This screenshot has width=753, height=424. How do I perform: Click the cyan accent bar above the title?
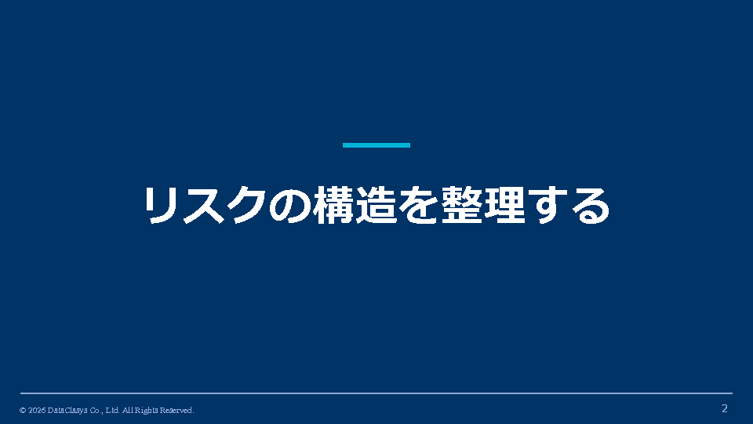click(376, 145)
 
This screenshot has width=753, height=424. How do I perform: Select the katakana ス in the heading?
click(204, 206)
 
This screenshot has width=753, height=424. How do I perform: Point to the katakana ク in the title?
click(246, 205)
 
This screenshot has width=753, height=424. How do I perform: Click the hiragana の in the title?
click(289, 206)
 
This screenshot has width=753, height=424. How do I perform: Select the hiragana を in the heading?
click(419, 205)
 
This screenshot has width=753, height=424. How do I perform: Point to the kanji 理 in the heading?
click(504, 205)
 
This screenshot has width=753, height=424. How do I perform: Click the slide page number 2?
click(725, 408)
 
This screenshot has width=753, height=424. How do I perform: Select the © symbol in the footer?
click(23, 411)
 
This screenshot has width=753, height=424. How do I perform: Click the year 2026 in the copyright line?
click(37, 410)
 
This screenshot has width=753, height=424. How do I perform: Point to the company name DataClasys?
click(67, 411)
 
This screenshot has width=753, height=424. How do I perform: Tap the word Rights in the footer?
click(146, 411)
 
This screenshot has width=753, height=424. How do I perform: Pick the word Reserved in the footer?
click(176, 411)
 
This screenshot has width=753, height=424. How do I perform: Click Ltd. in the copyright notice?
click(112, 410)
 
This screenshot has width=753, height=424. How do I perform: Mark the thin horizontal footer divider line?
click(376, 393)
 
